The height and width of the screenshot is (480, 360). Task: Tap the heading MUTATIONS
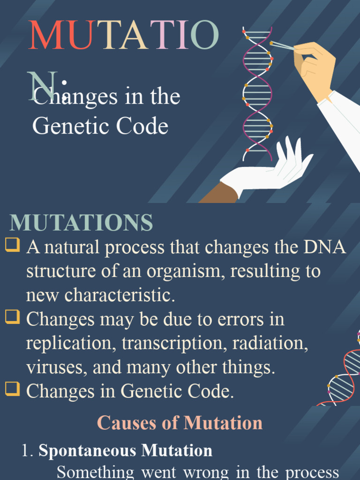pyautogui.click(x=82, y=223)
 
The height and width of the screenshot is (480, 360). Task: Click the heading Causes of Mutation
pyautogui.click(x=180, y=423)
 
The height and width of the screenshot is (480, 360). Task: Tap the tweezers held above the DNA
pyautogui.click(x=282, y=45)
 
